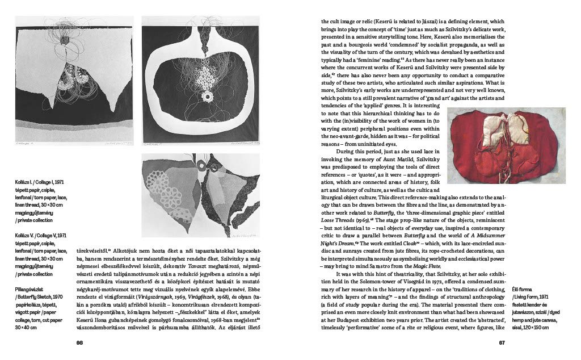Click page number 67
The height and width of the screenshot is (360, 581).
502,342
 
